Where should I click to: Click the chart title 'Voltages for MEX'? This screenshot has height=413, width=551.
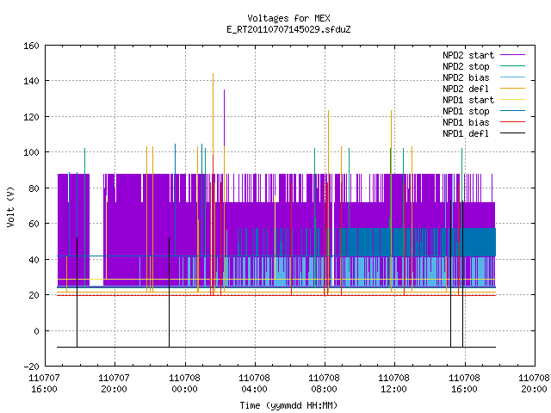tap(288, 18)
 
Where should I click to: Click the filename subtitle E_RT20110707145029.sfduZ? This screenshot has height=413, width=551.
tap(288, 29)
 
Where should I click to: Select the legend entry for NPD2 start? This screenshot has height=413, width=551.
tap(468, 55)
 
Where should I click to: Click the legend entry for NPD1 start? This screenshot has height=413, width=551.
tap(468, 100)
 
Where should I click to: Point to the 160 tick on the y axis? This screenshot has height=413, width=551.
tap(31, 46)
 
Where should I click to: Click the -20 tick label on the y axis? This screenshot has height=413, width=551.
tap(31, 367)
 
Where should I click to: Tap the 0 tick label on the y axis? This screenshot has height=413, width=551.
tap(36, 330)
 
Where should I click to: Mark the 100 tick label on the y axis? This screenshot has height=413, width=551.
tap(31, 152)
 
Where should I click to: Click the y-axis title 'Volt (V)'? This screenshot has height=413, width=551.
tap(11, 206)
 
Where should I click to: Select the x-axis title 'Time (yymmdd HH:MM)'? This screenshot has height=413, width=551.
tap(288, 405)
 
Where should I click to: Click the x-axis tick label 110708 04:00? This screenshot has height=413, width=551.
tap(255, 384)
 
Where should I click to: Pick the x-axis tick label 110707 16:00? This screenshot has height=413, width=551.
tap(44, 384)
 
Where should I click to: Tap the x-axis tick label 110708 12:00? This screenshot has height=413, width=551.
tap(394, 384)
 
